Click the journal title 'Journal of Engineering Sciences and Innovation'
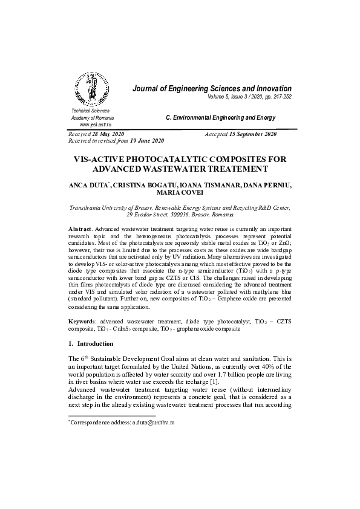click(212, 89)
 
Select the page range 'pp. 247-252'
click(276, 97)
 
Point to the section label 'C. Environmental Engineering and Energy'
click(220, 117)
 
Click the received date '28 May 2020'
click(110, 134)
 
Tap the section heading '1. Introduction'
click(91, 343)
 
